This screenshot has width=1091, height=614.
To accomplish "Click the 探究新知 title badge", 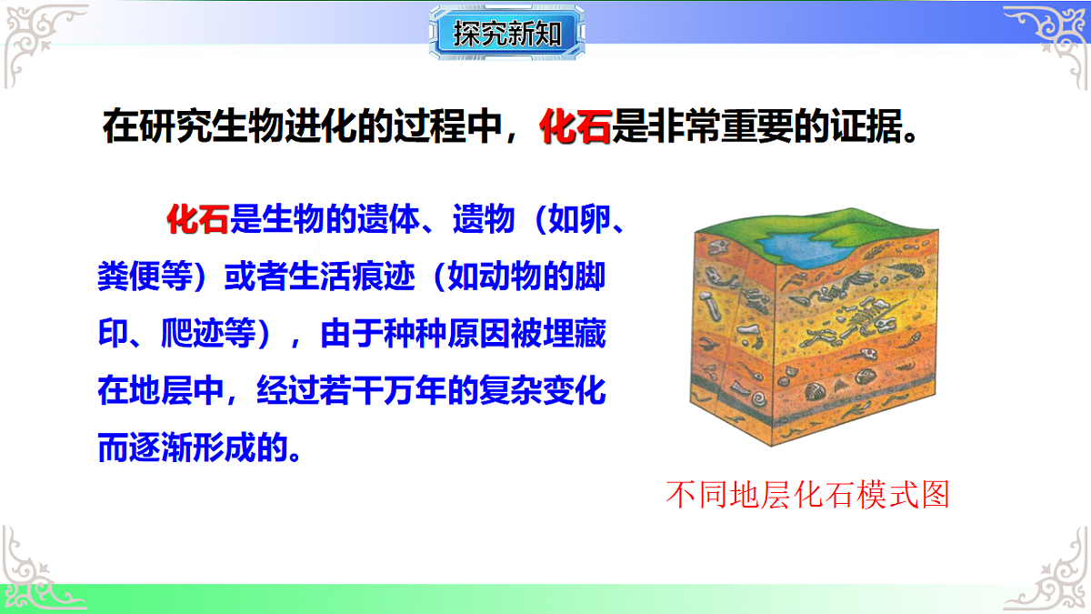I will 507,35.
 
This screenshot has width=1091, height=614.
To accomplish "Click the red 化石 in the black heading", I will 576,127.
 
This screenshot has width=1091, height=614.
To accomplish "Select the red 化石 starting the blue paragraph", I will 197,219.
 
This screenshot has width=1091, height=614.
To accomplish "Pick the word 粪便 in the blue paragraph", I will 125,277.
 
